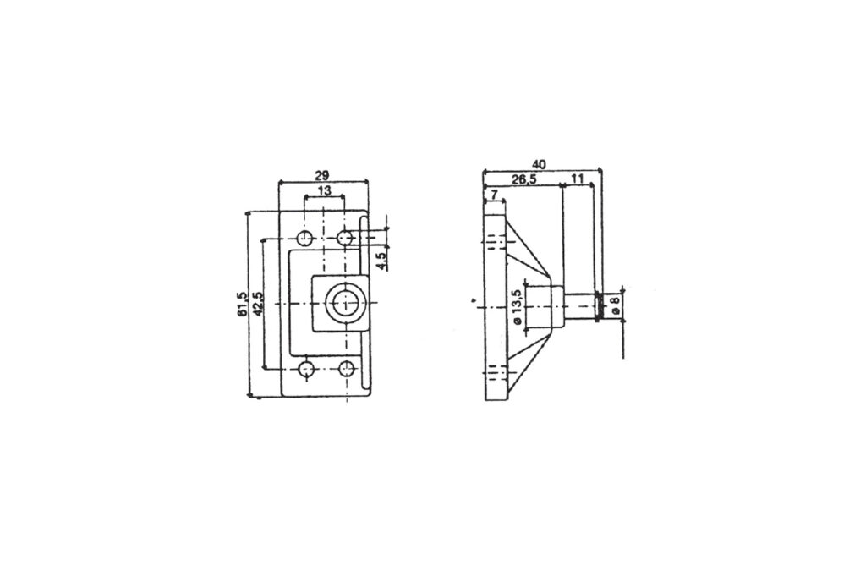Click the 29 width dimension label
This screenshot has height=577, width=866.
pyautogui.click(x=322, y=175)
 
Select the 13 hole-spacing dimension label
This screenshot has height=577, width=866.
pyautogui.click(x=325, y=191)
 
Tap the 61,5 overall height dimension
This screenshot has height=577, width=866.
pyautogui.click(x=243, y=304)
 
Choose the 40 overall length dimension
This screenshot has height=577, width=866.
pyautogui.click(x=540, y=163)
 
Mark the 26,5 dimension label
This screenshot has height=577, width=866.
pyautogui.click(x=524, y=179)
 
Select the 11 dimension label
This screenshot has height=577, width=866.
pyautogui.click(x=578, y=179)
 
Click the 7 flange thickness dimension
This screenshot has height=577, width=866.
pyautogui.click(x=492, y=195)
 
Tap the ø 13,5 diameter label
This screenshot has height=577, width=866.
pyautogui.click(x=515, y=306)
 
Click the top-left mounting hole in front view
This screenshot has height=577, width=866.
pyautogui.click(x=305, y=237)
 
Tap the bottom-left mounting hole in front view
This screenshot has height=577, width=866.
pyautogui.click(x=306, y=369)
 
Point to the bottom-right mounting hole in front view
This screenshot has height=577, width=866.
pyautogui.click(x=345, y=369)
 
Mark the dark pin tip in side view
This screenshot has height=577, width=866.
pyautogui.click(x=600, y=306)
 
